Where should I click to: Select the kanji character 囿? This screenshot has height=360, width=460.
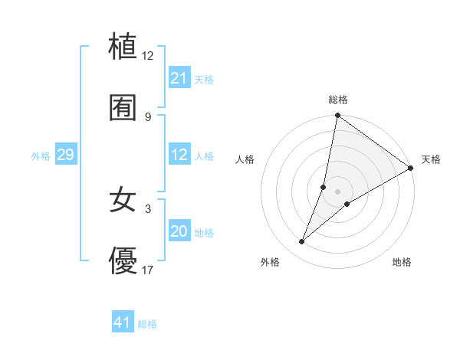point(123,108)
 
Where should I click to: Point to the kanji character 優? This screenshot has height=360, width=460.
point(123,262)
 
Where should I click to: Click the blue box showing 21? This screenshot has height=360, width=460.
point(179,78)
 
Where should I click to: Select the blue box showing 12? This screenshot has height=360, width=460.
point(179,155)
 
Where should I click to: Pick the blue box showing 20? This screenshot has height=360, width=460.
point(179,232)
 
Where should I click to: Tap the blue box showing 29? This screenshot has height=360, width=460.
point(65,155)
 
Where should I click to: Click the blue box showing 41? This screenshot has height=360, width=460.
point(122,323)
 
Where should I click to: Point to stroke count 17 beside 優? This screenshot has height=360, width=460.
point(147,270)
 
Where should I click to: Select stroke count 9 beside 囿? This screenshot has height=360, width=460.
point(147,116)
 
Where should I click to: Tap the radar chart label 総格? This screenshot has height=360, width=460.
point(338,100)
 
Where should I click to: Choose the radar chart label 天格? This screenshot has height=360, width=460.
point(431,159)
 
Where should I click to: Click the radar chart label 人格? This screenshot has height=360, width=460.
point(245,159)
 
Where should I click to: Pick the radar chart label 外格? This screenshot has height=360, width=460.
point(270,262)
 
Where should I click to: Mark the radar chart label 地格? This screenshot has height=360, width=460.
point(402,262)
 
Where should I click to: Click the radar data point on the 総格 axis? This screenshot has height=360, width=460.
point(337,116)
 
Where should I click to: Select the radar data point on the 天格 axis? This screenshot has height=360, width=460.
point(411,168)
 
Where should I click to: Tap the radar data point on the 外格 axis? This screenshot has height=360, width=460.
point(302,242)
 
